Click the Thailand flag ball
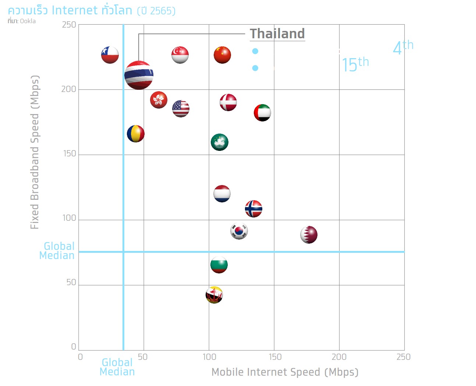tap(139, 75)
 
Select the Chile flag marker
tap(110, 55)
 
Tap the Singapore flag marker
tap(180, 55)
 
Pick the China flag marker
tap(222, 55)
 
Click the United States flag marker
tap(181, 109)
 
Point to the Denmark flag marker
tap(228, 102)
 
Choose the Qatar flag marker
tap(309, 235)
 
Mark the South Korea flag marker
tap(239, 231)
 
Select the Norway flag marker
tap(253, 209)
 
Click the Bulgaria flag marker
tap(219, 265)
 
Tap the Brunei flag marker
tap(214, 295)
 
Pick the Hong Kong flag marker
tap(159, 100)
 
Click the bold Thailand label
tap(277, 33)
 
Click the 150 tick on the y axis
tap(70, 154)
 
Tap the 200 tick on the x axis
tap(339, 357)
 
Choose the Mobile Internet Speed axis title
tap(285, 372)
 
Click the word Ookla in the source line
tap(28, 21)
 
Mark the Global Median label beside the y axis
tap(57, 251)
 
